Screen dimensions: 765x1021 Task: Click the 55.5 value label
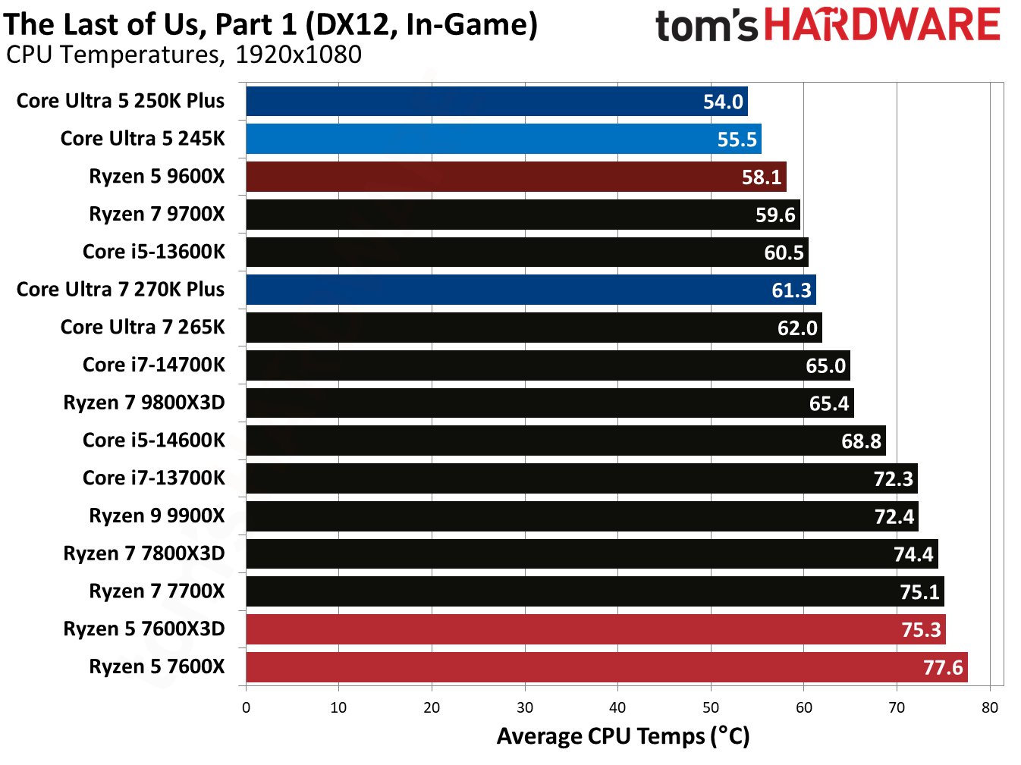pyautogui.click(x=737, y=140)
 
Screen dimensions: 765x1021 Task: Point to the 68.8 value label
pyautogui.click(x=861, y=441)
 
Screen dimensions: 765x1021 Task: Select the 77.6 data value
pyautogui.click(x=943, y=668)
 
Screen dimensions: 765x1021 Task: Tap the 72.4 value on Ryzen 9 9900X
pyautogui.click(x=894, y=517)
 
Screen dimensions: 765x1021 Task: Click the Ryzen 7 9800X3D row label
pyautogui.click(x=144, y=403)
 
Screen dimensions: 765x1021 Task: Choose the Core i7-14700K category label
pyautogui.click(x=154, y=365)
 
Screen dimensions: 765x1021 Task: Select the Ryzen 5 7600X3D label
pyautogui.click(x=144, y=629)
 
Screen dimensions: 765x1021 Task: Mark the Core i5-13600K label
pyautogui.click(x=154, y=252)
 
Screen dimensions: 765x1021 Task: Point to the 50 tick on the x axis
pyautogui.click(x=711, y=707)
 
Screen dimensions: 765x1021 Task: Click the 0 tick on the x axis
pyautogui.click(x=246, y=707)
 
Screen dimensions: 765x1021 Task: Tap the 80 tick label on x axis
pyautogui.click(x=990, y=707)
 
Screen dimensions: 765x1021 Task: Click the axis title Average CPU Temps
pyautogui.click(x=623, y=736)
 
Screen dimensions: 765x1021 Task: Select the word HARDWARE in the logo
pyautogui.click(x=882, y=25)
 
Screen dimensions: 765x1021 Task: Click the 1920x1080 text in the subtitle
pyautogui.click(x=298, y=55)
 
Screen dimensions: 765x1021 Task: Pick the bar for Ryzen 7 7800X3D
pyautogui.click(x=592, y=554)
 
